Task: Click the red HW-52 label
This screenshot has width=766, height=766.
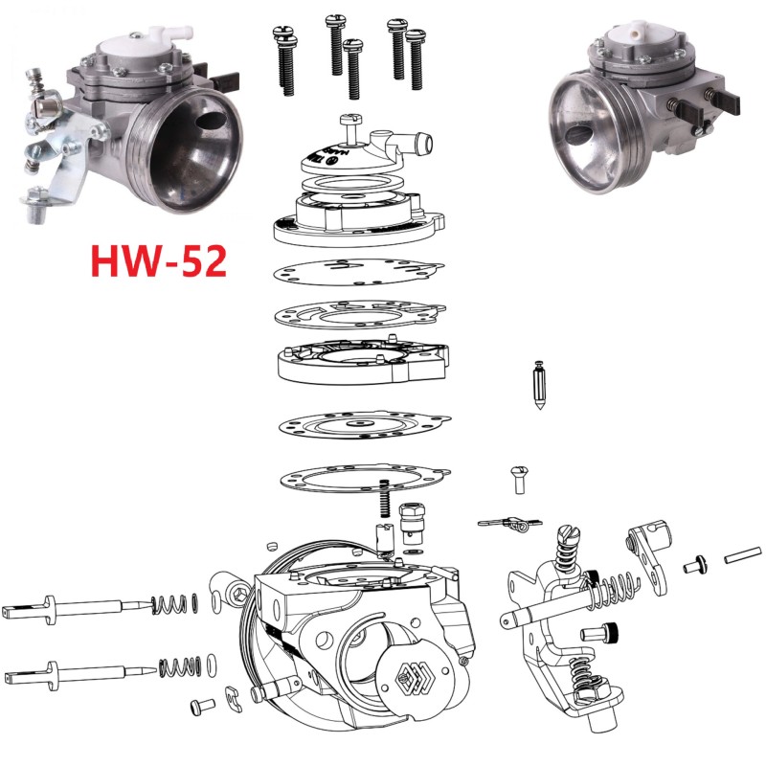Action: (158, 259)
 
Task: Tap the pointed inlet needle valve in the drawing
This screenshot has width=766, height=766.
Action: (539, 387)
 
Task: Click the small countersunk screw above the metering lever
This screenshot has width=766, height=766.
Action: (518, 477)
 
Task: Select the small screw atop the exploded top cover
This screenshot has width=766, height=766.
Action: (349, 122)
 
